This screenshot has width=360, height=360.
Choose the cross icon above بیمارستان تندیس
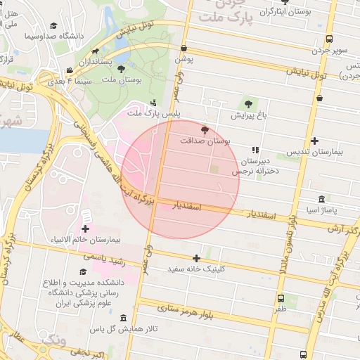[x=314, y=141]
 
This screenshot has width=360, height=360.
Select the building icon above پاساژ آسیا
[x=321, y=199]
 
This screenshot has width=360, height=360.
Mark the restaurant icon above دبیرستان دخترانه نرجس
[x=256, y=150]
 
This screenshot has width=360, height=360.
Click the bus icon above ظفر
[x=281, y=297]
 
